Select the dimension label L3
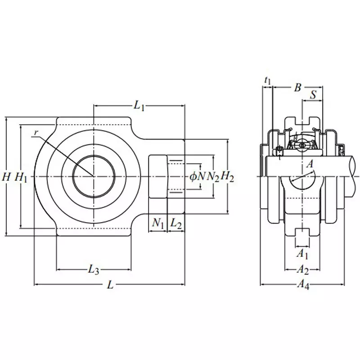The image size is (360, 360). pyautogui.click(x=93, y=270)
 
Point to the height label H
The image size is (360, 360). pyautogui.click(x=6, y=177)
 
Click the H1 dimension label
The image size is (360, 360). pyautogui.click(x=21, y=177)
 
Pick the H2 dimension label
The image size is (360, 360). pyautogui.click(x=228, y=177)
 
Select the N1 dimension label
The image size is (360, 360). pyautogui.click(x=157, y=223)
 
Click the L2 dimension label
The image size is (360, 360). pyautogui.click(x=176, y=223)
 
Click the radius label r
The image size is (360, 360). pyautogui.click(x=36, y=132)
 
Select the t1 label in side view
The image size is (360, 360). pyautogui.click(x=268, y=81)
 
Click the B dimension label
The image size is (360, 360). pyautogui.click(x=297, y=87)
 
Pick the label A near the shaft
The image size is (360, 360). pyautogui.click(x=310, y=165)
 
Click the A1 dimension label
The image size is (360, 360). pyautogui.click(x=302, y=254)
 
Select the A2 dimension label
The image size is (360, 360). pyautogui.click(x=302, y=270)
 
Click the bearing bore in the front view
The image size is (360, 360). pyautogui.click(x=93, y=175)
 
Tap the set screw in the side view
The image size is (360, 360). pyautogui.click(x=279, y=150)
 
